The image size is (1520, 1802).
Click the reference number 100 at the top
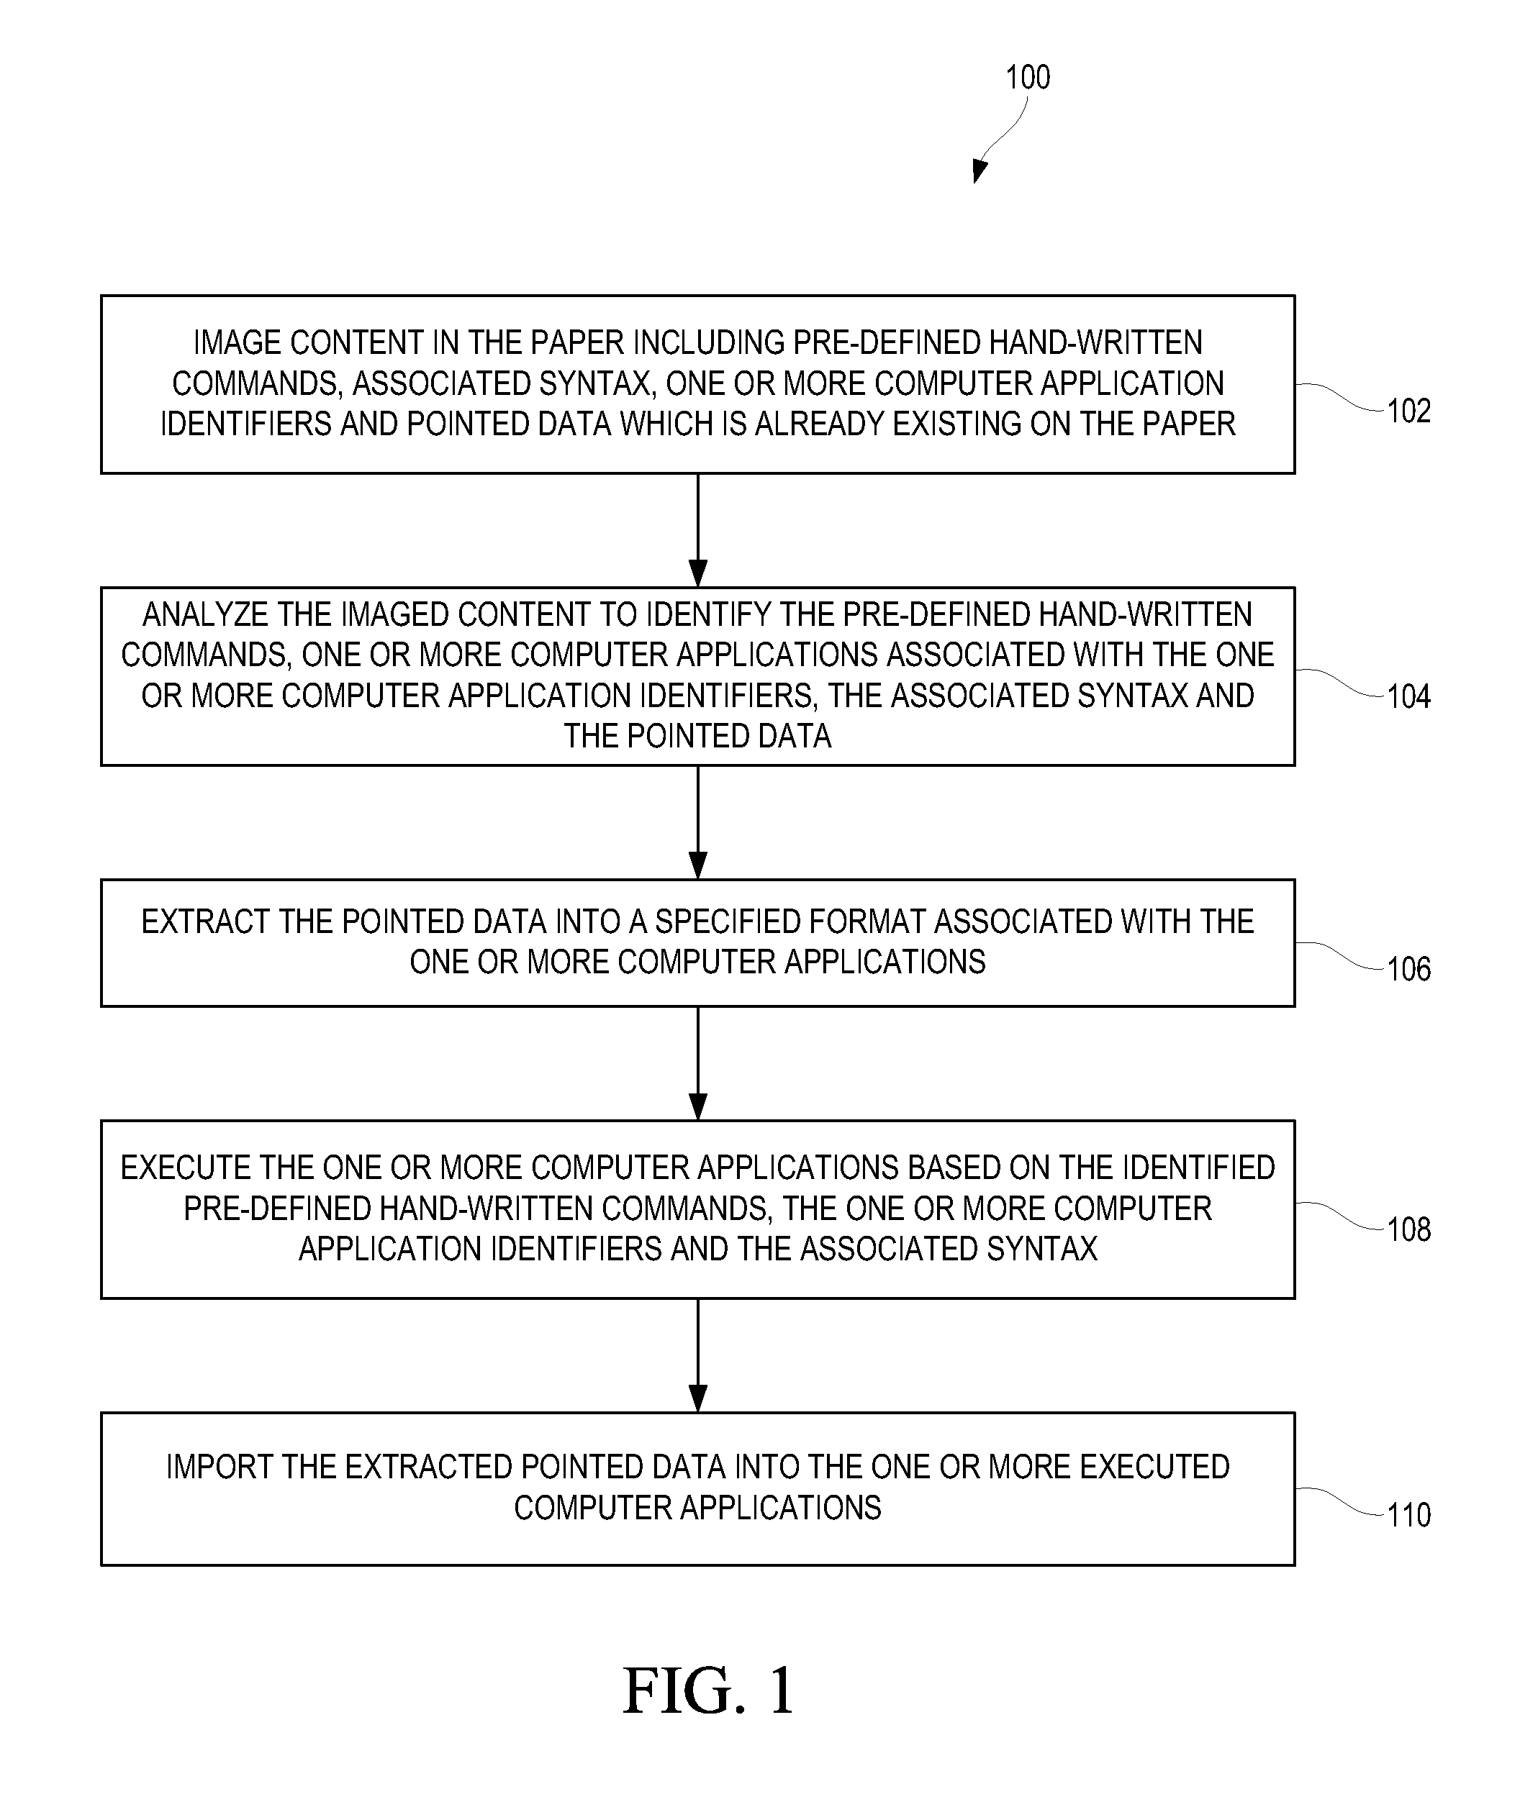pyautogui.click(x=1028, y=78)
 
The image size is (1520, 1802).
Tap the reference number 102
pyautogui.click(x=1409, y=411)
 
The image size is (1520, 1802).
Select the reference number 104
pyautogui.click(x=1409, y=696)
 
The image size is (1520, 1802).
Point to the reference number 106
pyautogui.click(x=1409, y=969)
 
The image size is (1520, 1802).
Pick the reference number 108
pyautogui.click(x=1409, y=1229)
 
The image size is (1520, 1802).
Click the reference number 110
pyautogui.click(x=1409, y=1514)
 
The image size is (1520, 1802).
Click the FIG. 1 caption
pyautogui.click(x=708, y=1691)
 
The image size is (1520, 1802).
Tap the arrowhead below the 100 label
pyautogui.click(x=979, y=170)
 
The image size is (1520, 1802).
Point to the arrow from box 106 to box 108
pyautogui.click(x=698, y=1064)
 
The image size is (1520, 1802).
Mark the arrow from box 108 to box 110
pyautogui.click(x=698, y=1356)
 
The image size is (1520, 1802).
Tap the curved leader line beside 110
pyautogui.click(x=1341, y=1501)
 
